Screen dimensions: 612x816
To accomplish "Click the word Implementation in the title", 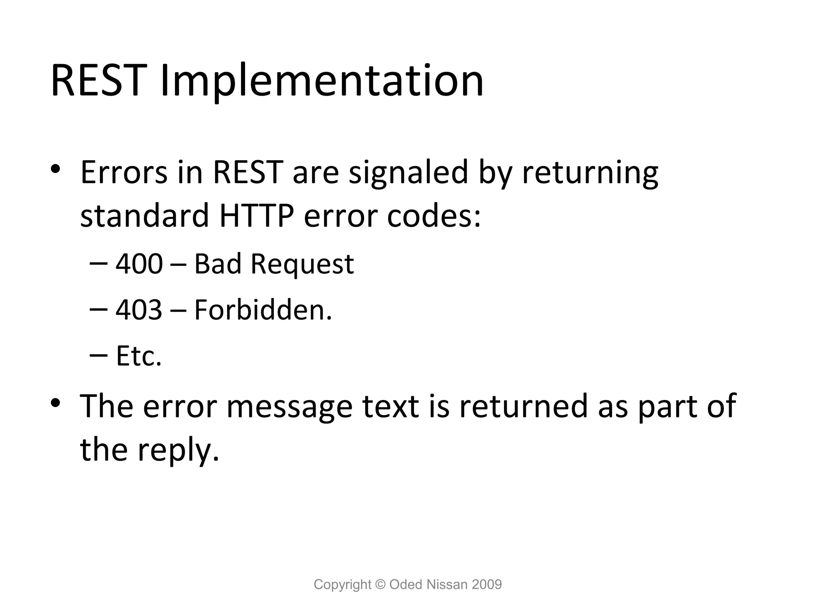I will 322,82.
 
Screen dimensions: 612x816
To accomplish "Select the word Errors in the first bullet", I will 124,172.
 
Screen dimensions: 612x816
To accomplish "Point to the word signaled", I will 408,172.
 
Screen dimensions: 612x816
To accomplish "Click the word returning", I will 590,173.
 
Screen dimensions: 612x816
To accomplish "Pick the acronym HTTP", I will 257,216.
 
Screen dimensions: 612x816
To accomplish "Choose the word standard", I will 145,216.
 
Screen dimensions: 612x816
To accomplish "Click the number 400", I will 139,264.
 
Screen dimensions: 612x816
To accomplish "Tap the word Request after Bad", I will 302,265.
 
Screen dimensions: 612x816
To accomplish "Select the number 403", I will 139,310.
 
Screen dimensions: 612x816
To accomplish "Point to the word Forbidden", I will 263,310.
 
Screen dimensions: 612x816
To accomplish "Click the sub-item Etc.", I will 139,355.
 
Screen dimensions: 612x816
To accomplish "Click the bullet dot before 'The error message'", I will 55,402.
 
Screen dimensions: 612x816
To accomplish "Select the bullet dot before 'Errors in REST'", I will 55,169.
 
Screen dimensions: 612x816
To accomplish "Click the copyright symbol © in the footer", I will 381,584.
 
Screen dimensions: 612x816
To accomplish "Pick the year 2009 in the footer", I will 486,585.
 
